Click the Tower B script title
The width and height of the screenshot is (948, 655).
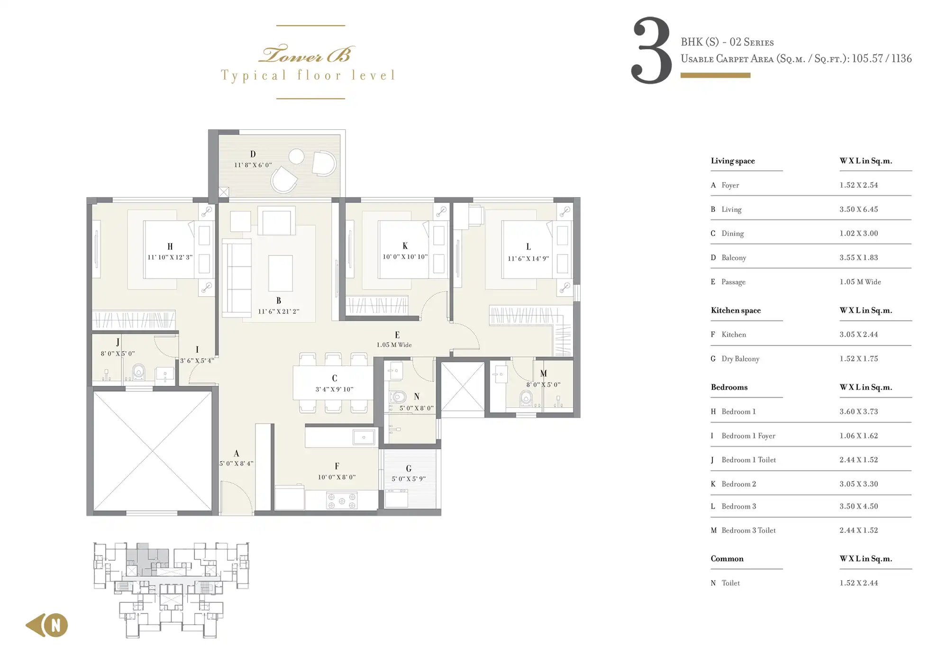click(307, 55)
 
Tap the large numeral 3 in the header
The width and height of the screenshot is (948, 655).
click(651, 51)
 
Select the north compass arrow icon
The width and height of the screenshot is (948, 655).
click(46, 625)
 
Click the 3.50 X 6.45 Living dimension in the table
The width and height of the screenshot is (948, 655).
click(858, 209)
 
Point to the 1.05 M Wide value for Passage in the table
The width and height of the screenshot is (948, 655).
click(860, 282)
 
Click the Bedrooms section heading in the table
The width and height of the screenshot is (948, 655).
click(729, 387)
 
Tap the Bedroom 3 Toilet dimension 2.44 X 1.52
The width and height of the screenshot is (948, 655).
click(858, 530)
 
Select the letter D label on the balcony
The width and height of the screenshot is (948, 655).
click(253, 154)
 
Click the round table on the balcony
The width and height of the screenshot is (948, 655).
click(296, 156)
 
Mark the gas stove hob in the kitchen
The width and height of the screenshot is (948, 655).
click(342, 501)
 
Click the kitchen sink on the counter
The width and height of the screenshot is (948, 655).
click(364, 437)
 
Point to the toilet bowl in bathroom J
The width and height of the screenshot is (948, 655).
click(138, 372)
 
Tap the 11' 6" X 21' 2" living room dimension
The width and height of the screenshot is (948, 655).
click(279, 311)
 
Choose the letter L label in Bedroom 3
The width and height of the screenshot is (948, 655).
click(529, 246)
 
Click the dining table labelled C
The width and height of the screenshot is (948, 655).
click(333, 382)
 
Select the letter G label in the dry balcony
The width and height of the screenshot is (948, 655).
click(409, 468)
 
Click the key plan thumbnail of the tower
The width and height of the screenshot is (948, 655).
click(171, 590)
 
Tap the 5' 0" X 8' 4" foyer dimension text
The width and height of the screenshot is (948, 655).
click(236, 463)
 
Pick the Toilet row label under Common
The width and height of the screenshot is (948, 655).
click(730, 583)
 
